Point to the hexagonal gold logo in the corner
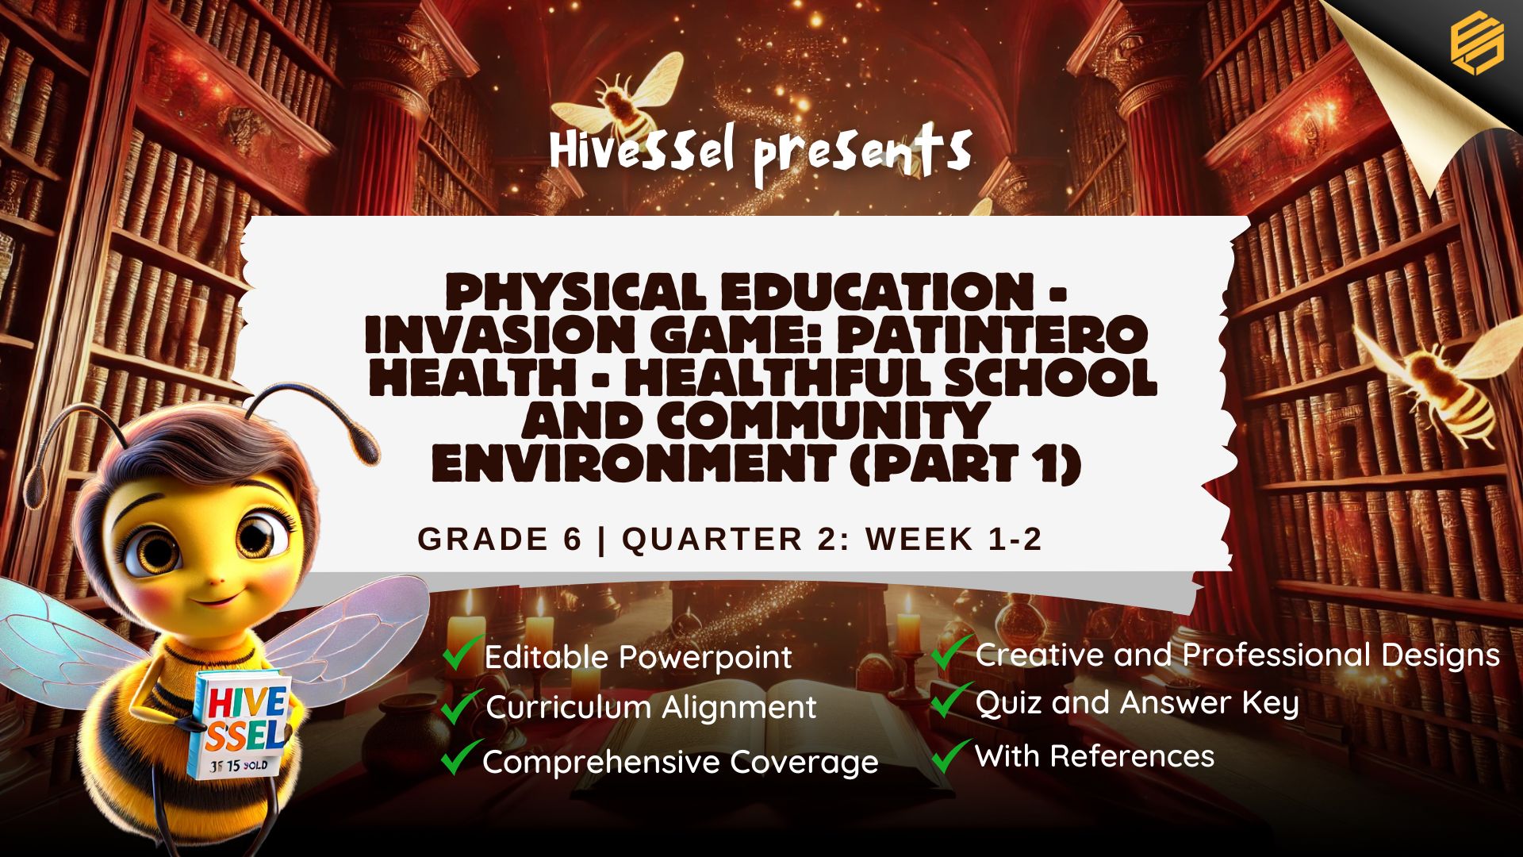click(1477, 44)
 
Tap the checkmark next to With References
click(951, 755)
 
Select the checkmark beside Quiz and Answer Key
click(951, 700)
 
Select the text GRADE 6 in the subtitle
click(500, 539)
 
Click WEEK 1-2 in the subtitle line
click(953, 539)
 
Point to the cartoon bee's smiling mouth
click(208, 597)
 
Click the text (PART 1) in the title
click(965, 463)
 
